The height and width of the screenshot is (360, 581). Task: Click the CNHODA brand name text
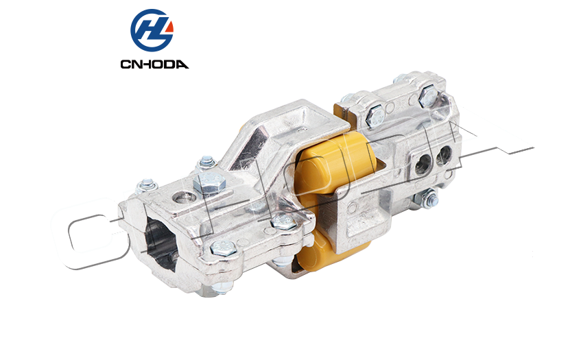(x=154, y=64)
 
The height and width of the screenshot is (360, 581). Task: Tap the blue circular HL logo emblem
(x=152, y=30)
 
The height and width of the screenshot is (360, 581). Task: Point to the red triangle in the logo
(x=169, y=27)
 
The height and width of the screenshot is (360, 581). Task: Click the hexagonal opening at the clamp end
(x=162, y=241)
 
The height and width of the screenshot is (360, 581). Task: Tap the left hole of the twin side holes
(x=423, y=164)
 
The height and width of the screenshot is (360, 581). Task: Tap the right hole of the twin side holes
(x=444, y=156)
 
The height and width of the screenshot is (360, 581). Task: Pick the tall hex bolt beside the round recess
(x=209, y=182)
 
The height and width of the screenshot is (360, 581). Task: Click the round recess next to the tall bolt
(x=185, y=197)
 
